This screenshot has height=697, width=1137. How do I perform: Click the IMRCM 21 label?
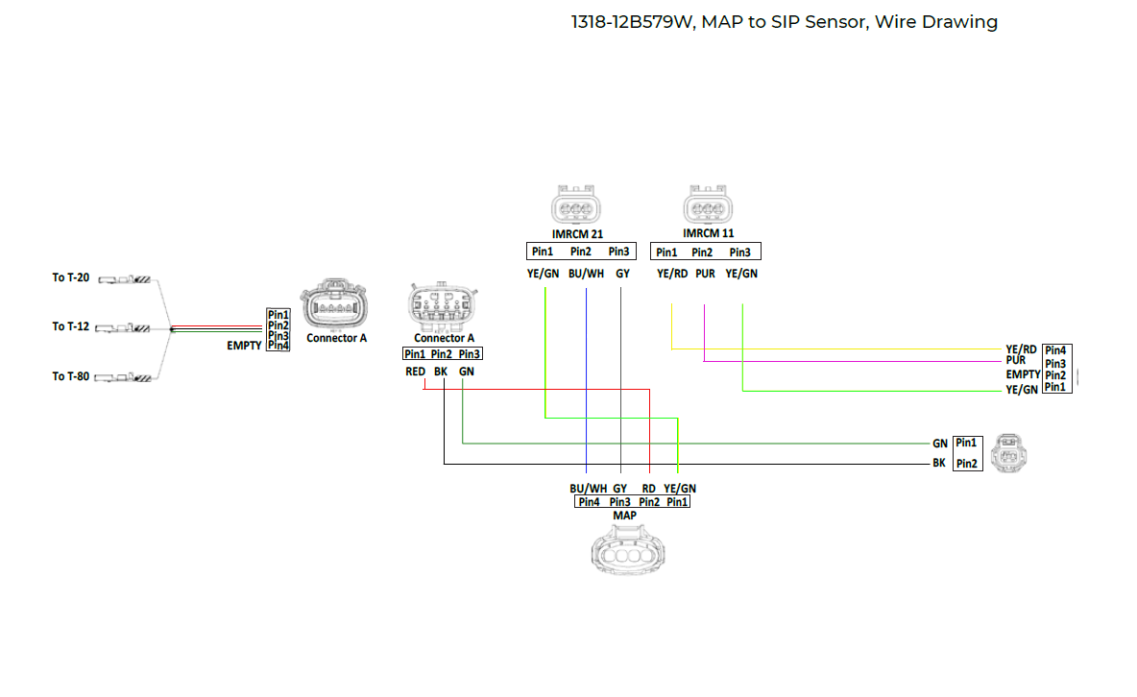click(577, 233)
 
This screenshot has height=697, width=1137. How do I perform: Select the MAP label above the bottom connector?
click(624, 516)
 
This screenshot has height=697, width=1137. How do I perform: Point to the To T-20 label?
click(70, 277)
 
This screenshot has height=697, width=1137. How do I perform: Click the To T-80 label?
click(70, 376)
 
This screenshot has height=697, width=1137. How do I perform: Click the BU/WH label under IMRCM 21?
click(585, 274)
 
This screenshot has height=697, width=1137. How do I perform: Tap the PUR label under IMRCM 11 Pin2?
click(705, 274)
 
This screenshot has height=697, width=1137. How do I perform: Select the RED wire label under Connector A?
click(415, 372)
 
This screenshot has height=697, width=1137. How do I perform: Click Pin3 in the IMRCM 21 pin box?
click(619, 252)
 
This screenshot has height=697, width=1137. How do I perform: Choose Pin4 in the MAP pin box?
click(589, 501)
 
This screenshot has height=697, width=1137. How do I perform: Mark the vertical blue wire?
click(586, 384)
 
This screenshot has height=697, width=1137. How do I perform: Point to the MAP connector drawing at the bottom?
click(626, 554)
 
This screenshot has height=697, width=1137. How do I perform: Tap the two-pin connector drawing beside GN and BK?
click(1014, 452)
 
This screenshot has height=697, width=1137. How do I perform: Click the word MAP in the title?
click(722, 22)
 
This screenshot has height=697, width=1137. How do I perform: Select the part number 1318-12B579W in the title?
click(630, 22)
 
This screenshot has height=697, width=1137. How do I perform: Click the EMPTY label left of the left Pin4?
click(244, 346)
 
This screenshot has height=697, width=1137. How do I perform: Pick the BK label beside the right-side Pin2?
click(939, 463)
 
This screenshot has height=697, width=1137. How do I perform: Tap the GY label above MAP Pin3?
click(620, 488)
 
